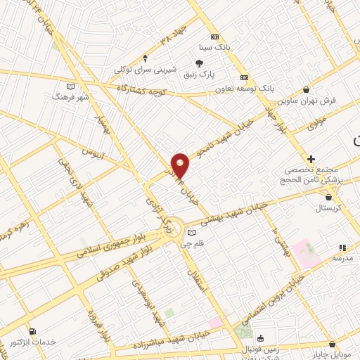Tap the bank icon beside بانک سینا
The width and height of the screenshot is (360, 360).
214,37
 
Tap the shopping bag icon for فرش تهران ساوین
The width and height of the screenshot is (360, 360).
306,90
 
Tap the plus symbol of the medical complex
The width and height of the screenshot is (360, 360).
311,160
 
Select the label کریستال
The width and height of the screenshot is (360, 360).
328,209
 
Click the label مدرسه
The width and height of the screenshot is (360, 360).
342,259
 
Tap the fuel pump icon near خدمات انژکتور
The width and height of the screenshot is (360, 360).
32,330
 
